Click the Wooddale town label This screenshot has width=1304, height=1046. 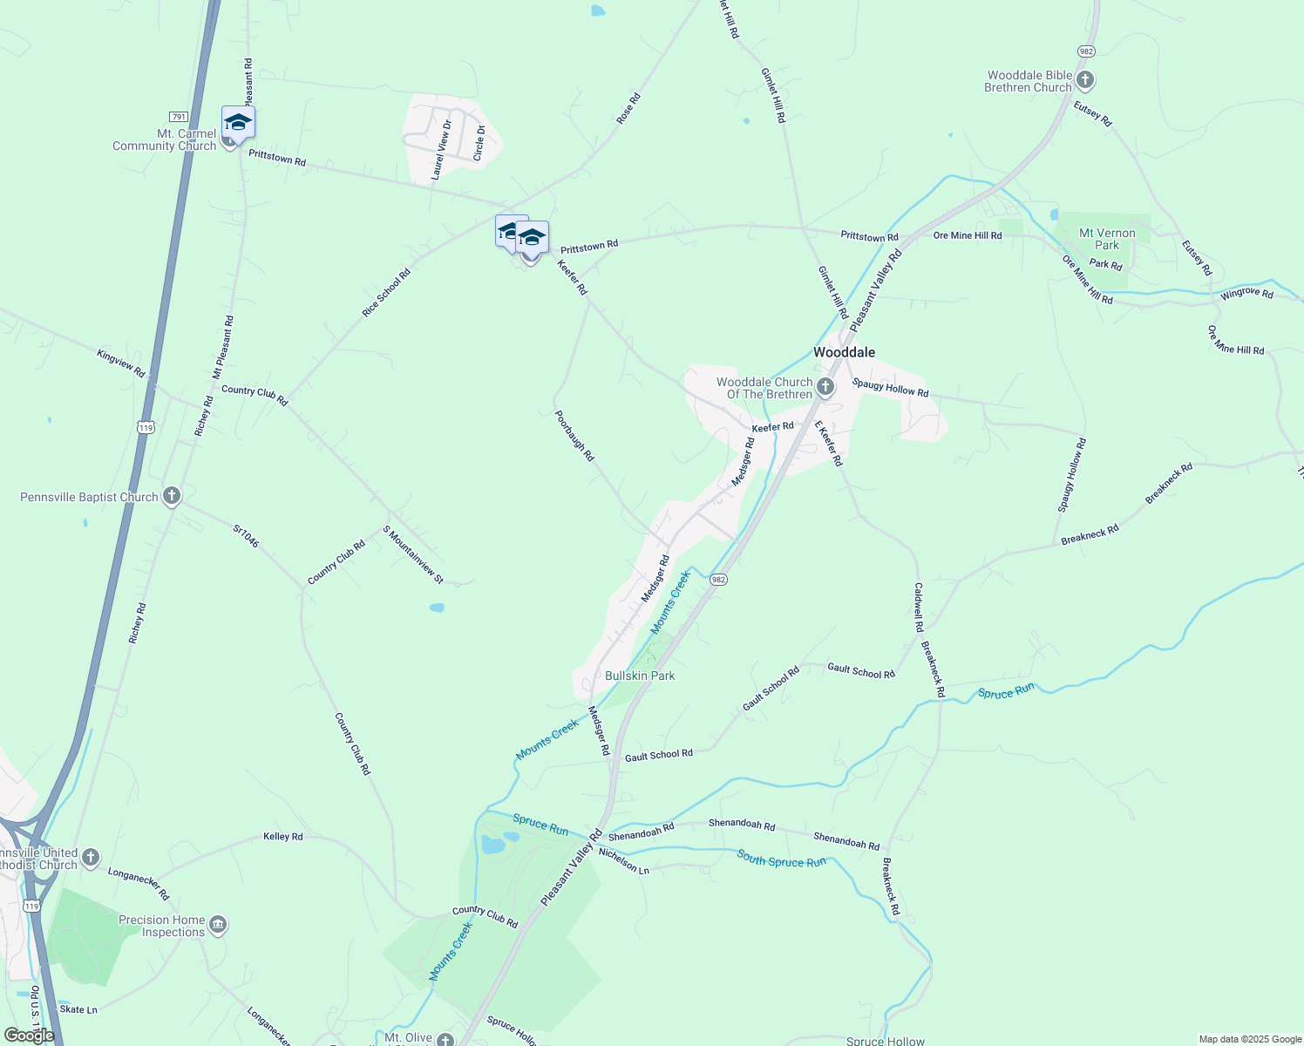click(844, 352)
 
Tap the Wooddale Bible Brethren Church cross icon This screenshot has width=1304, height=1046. click(1085, 81)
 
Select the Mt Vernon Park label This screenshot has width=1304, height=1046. click(1107, 239)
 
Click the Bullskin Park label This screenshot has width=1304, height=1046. click(640, 676)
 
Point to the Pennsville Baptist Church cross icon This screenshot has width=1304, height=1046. click(172, 497)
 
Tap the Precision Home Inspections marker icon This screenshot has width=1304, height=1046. click(218, 925)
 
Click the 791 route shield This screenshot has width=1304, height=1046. click(178, 117)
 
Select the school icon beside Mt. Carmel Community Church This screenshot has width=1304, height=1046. click(238, 121)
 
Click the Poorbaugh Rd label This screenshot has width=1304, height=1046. click(574, 436)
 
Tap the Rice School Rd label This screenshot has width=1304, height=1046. click(386, 292)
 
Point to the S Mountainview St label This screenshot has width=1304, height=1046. click(413, 554)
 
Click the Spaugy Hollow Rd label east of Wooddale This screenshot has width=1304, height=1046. click(890, 388)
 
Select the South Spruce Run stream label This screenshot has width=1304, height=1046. click(781, 860)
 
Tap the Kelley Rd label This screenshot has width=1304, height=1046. click(283, 837)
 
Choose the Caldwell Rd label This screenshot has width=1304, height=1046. click(919, 607)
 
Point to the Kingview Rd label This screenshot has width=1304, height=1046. click(121, 362)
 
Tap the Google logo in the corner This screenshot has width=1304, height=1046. click(29, 1036)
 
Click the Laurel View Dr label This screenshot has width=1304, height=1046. click(442, 149)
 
